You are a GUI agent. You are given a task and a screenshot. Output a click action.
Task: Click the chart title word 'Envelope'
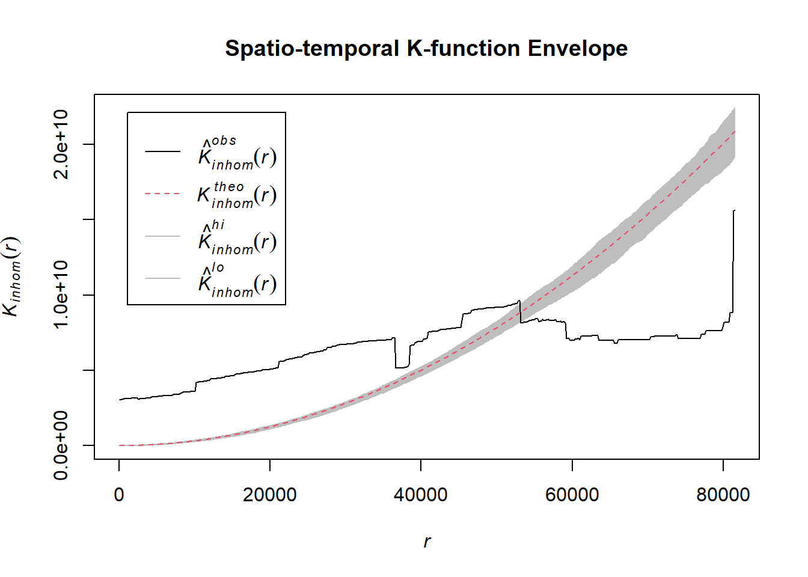[577, 49]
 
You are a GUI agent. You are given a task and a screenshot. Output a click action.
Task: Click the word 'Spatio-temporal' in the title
[312, 49]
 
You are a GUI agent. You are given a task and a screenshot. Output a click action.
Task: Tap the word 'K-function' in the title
[464, 49]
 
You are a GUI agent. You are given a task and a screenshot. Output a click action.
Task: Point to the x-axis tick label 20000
[270, 495]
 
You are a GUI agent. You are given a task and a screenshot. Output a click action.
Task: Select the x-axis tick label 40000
[421, 495]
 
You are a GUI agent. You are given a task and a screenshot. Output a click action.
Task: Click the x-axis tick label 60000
[572, 495]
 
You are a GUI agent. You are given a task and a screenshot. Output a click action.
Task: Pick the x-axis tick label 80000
[723, 495]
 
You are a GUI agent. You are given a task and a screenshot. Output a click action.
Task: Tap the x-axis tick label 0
[119, 495]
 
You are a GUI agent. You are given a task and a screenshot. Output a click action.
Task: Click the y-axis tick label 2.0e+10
[61, 144]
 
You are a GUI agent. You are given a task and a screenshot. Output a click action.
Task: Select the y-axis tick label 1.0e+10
[61, 295]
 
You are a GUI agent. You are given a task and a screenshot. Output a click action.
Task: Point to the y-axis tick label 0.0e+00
[61, 445]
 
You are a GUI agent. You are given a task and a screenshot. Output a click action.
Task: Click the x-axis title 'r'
[427, 542]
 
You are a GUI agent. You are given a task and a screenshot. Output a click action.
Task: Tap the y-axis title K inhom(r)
[12, 276]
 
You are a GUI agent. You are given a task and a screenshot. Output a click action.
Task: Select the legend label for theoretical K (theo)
[237, 195]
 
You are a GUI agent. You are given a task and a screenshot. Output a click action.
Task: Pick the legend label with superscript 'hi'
[237, 238]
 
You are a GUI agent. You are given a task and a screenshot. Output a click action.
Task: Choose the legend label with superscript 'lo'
[237, 280]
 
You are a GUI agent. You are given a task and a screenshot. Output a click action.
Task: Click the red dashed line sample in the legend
[162, 194]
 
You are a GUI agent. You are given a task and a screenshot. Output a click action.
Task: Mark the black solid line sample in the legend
[162, 151]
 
